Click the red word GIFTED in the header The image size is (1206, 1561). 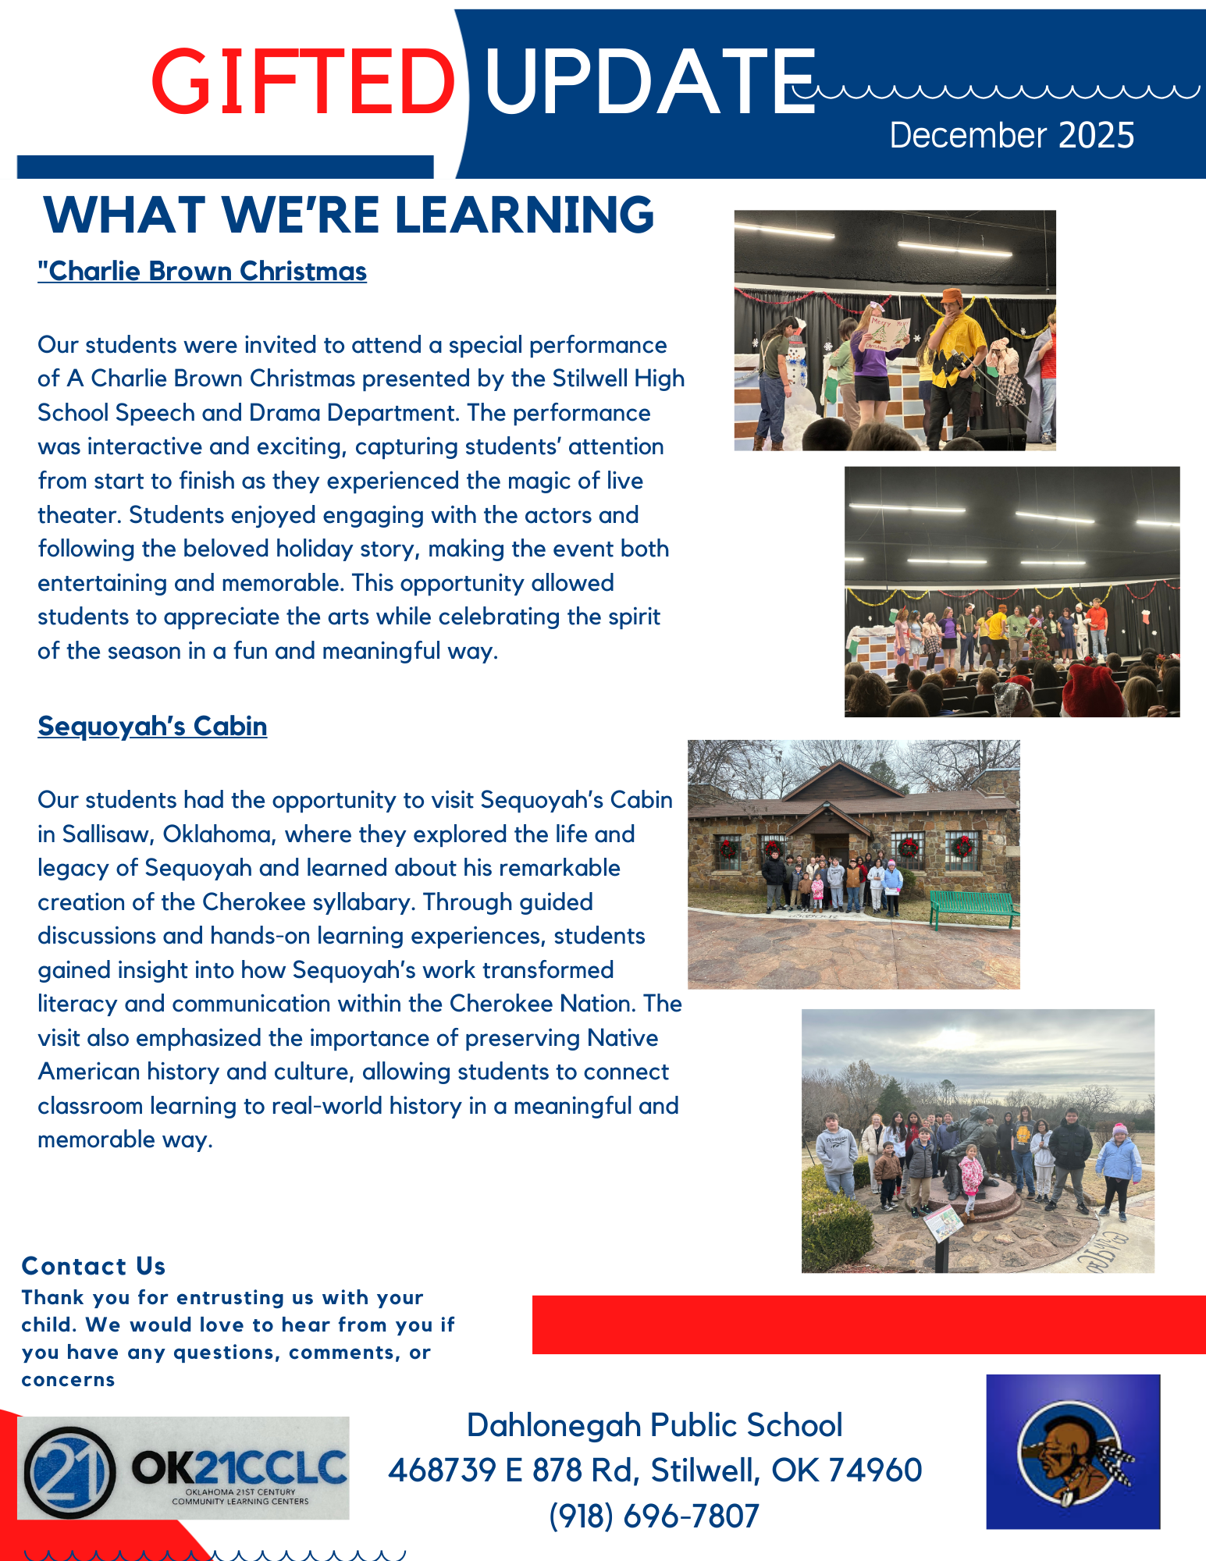tap(303, 81)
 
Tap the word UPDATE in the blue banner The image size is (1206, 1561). tap(649, 81)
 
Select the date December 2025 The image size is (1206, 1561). tap(1012, 136)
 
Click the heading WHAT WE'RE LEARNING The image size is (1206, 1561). tap(349, 215)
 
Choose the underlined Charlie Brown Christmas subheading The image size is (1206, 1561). tap(202, 272)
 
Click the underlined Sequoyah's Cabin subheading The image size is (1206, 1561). tap(152, 727)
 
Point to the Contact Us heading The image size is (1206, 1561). tap(94, 1265)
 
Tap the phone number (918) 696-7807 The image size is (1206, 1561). tap(654, 1516)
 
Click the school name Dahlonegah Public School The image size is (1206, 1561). tap(654, 1425)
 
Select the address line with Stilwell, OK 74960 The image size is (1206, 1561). tap(654, 1470)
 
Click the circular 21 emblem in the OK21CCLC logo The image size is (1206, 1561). tap(69, 1472)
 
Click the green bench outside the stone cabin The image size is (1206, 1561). tap(974, 909)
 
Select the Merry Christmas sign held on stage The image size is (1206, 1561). tap(888, 332)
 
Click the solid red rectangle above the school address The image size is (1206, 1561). tap(868, 1325)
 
